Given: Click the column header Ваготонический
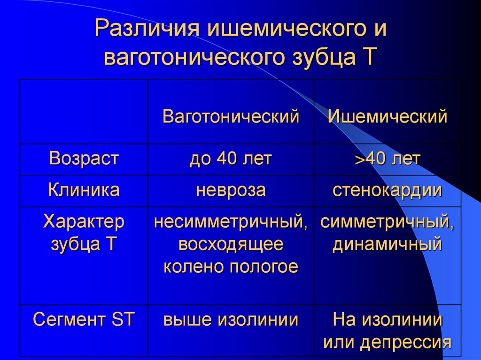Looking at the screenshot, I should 231,117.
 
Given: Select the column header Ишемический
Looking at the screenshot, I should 387,117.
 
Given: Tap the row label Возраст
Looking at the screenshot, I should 84,159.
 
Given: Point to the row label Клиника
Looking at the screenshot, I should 84,190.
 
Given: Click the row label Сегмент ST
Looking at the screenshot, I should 84,320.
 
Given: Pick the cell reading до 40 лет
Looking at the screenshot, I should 231,159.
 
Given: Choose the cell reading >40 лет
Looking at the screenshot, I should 387,159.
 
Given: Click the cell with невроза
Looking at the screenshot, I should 231,190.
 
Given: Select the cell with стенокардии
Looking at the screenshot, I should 387,190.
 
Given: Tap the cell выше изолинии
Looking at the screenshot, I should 231,320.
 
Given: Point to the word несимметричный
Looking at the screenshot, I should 231,222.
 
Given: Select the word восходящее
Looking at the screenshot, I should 231,244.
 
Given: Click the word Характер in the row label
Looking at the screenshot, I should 84,222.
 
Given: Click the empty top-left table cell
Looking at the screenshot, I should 84,112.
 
